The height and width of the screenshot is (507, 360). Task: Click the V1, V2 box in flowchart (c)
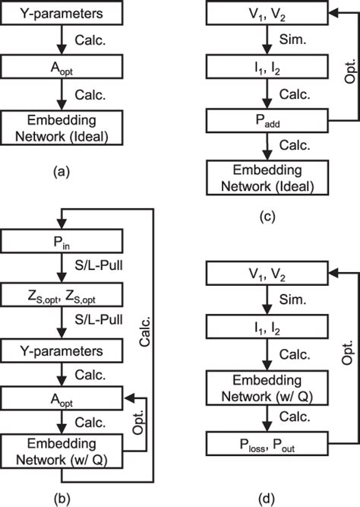tap(267, 14)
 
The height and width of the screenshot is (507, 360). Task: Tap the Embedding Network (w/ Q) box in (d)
tap(267, 385)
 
